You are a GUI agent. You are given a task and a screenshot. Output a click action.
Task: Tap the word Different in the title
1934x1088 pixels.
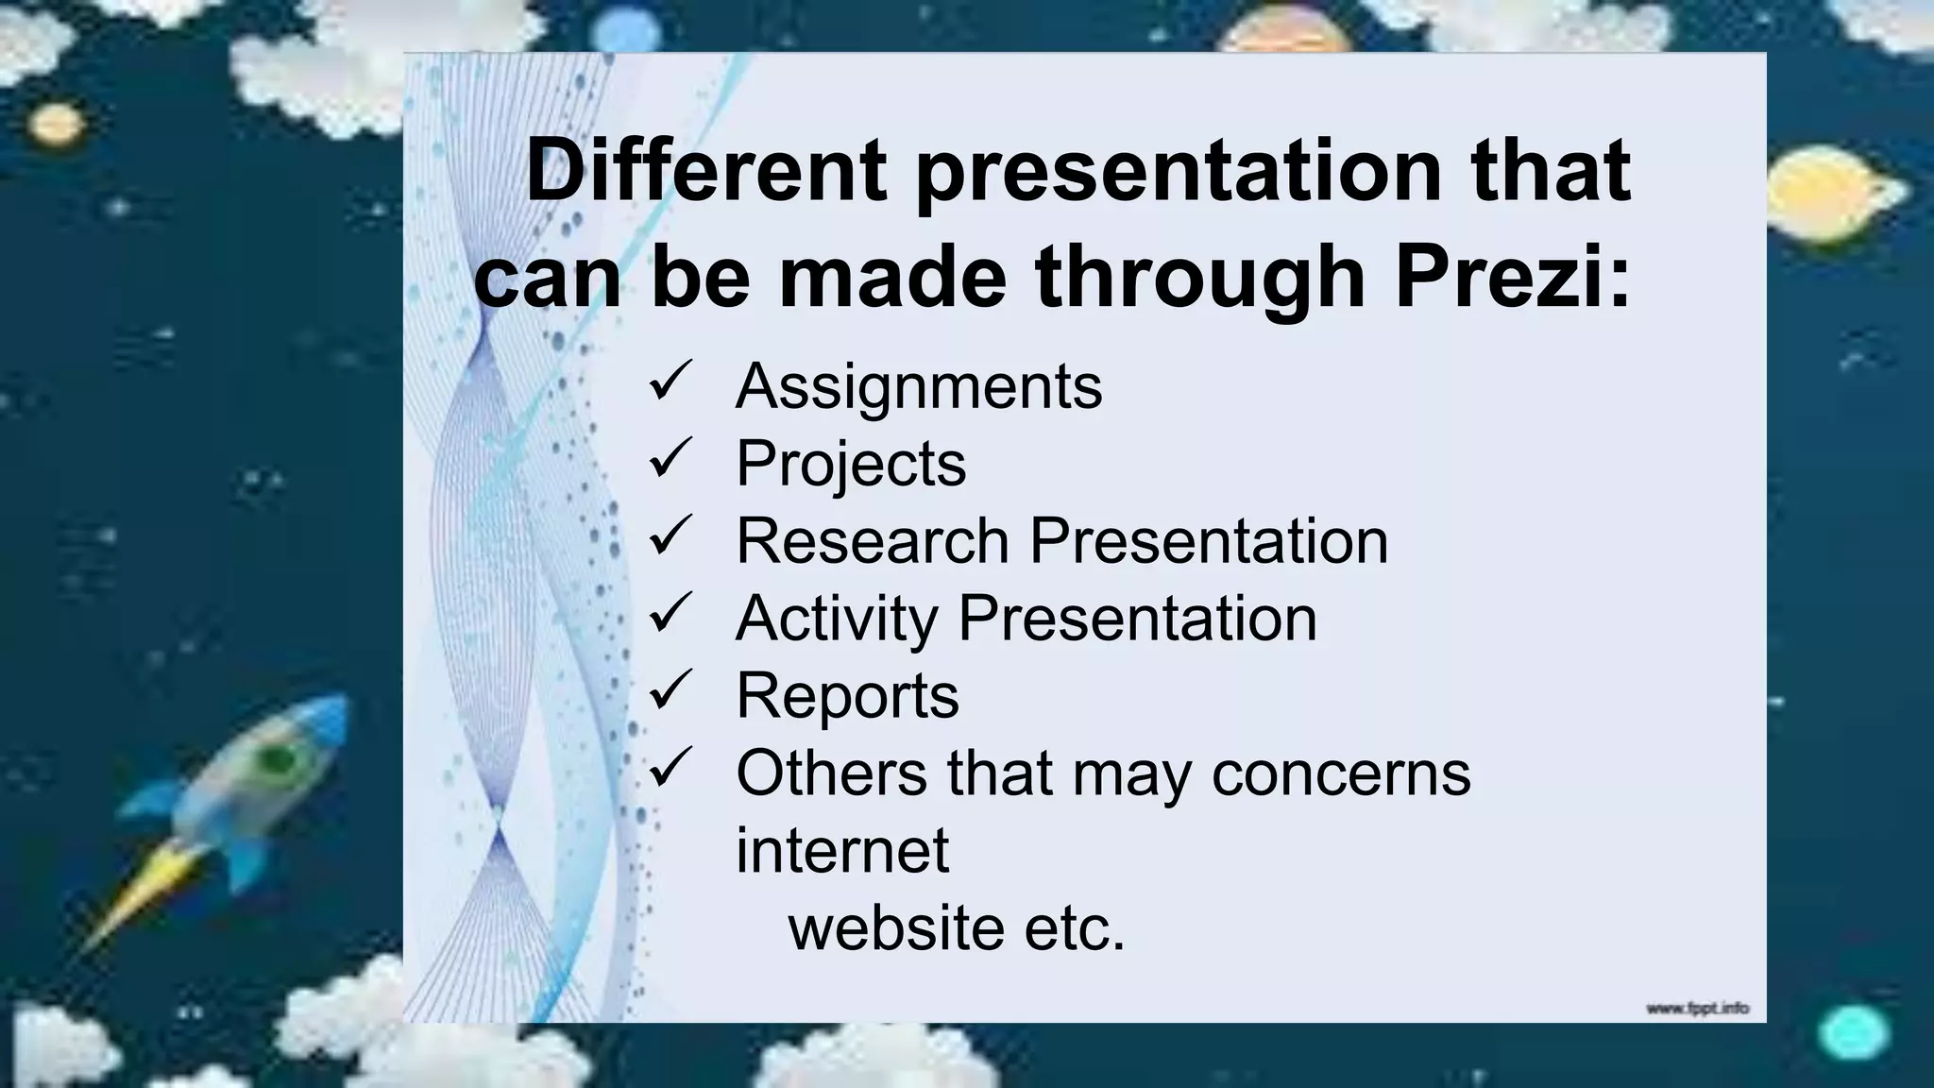point(705,172)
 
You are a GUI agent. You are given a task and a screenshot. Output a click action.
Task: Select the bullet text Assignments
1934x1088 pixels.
point(918,386)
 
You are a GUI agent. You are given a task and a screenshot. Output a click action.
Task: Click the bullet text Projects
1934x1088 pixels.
point(851,464)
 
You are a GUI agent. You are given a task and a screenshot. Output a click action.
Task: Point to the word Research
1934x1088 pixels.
point(873,541)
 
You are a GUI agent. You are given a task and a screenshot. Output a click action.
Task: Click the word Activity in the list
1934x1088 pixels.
point(837,620)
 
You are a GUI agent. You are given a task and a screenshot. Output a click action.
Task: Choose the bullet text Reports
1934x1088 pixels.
point(847,696)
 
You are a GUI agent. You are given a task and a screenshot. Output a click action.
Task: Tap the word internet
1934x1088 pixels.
point(842,850)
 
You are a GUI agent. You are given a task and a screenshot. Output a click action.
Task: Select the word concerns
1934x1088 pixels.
point(1341,773)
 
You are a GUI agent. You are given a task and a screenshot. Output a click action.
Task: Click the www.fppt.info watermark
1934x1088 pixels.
point(1697,1009)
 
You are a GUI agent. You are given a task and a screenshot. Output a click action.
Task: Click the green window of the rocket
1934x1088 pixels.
point(276,757)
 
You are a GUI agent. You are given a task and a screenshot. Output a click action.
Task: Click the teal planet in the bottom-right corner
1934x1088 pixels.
point(1853,1032)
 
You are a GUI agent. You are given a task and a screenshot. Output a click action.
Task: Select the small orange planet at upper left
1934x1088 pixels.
point(57,124)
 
